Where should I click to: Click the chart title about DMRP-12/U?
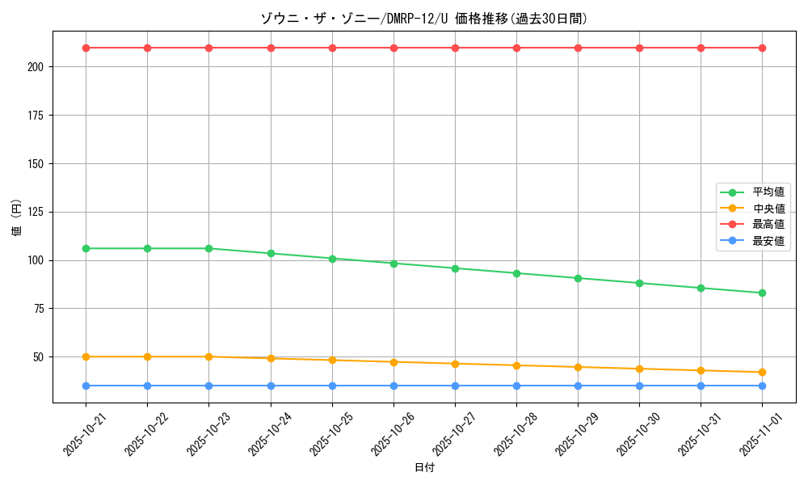pos(423,19)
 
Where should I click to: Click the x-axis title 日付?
pos(424,468)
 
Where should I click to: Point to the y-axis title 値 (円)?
pos(16,217)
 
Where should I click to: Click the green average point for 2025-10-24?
pos(271,253)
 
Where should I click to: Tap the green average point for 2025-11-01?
pos(762,293)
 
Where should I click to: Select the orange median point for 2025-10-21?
pos(86,356)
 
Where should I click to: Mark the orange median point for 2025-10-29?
pos(578,367)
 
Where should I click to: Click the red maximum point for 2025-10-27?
pos(455,48)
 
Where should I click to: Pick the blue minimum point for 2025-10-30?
pos(639,386)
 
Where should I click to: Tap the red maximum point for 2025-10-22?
pos(147,48)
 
